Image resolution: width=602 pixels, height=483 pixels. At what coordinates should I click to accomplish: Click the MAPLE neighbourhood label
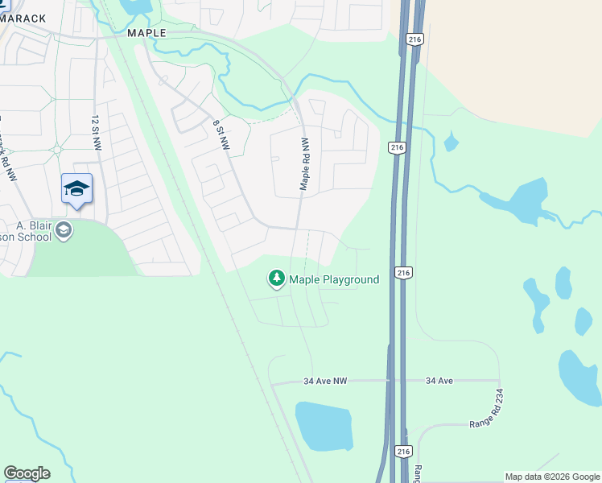pyautogui.click(x=146, y=33)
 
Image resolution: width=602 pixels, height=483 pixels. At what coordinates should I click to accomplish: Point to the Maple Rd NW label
pyautogui.click(x=305, y=163)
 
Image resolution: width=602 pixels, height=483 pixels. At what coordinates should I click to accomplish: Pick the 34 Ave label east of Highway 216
pyautogui.click(x=442, y=380)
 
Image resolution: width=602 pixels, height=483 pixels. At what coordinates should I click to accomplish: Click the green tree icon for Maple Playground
pyautogui.click(x=277, y=279)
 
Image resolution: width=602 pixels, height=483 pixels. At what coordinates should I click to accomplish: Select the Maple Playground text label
pyautogui.click(x=334, y=280)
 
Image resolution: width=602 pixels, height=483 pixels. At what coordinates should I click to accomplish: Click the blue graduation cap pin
pyautogui.click(x=76, y=189)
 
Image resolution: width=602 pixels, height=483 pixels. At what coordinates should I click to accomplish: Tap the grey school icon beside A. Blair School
pyautogui.click(x=64, y=232)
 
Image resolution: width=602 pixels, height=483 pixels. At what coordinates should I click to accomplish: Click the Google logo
pyautogui.click(x=27, y=473)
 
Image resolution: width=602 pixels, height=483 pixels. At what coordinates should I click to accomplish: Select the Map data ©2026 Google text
pyautogui.click(x=552, y=477)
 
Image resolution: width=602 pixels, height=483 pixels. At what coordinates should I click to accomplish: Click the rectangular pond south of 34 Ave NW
pyautogui.click(x=324, y=427)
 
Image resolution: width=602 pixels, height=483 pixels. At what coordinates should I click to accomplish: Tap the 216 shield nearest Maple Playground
pyautogui.click(x=404, y=274)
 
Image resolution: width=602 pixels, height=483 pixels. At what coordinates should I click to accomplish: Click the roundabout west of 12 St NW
pyautogui.click(x=56, y=149)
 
